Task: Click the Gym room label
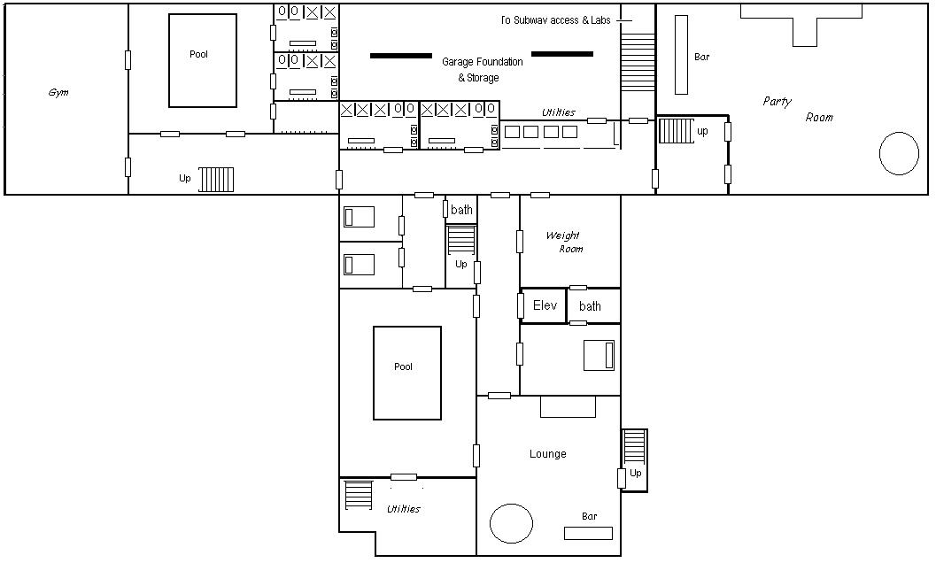(58, 93)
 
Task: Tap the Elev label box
(544, 306)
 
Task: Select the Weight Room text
(564, 242)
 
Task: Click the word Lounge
(548, 454)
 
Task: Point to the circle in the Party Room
(899, 153)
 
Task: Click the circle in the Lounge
(512, 523)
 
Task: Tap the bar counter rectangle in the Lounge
(588, 533)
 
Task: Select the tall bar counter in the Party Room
(681, 55)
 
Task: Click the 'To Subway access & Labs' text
(556, 20)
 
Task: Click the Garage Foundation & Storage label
(483, 69)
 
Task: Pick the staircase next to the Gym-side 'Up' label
(216, 179)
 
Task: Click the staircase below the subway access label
(638, 62)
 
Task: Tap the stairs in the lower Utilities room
(358, 495)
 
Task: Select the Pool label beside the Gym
(198, 54)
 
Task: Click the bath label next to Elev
(590, 306)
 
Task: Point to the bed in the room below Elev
(599, 355)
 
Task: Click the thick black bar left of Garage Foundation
(401, 56)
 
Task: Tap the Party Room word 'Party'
(777, 102)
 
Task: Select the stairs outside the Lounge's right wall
(635, 446)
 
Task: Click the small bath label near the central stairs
(461, 210)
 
